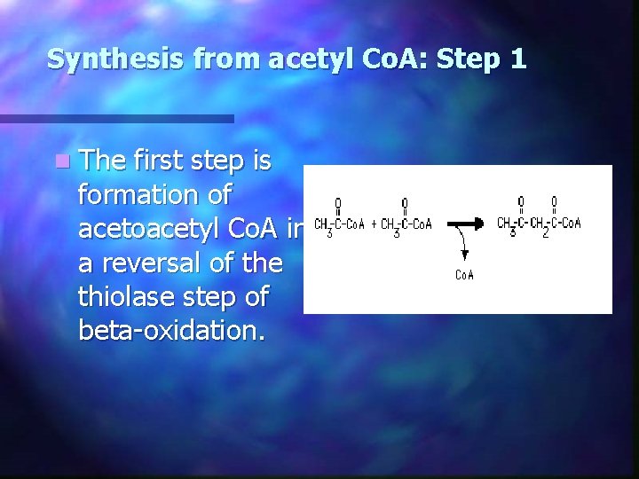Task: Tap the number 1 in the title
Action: click(518, 59)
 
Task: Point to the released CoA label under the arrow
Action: click(465, 275)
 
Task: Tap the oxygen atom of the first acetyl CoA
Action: click(339, 203)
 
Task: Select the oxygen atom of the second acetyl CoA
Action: click(405, 203)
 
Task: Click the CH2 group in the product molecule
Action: click(539, 224)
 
